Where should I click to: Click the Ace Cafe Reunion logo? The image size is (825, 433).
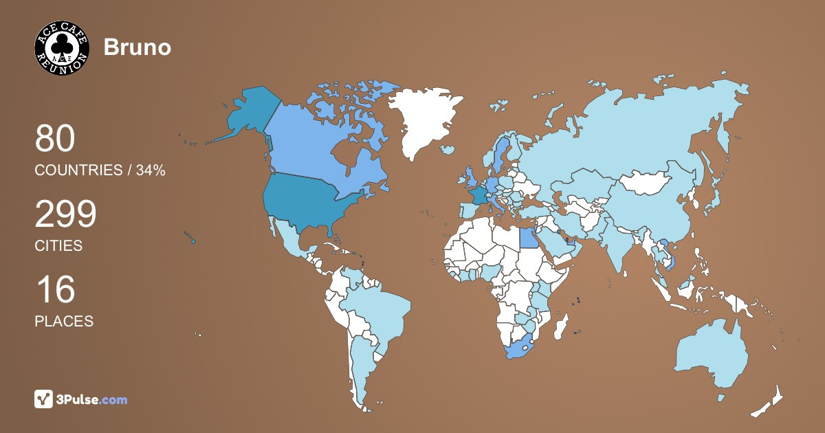pos(62,47)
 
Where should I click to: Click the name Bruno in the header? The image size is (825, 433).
pos(137,47)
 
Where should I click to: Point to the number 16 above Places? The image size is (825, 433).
pos(55,290)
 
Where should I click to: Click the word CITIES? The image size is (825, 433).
pos(58,245)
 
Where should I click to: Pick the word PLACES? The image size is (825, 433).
pos(64,321)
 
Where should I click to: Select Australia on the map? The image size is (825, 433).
pos(712,354)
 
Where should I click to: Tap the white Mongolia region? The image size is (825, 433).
pos(646,183)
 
